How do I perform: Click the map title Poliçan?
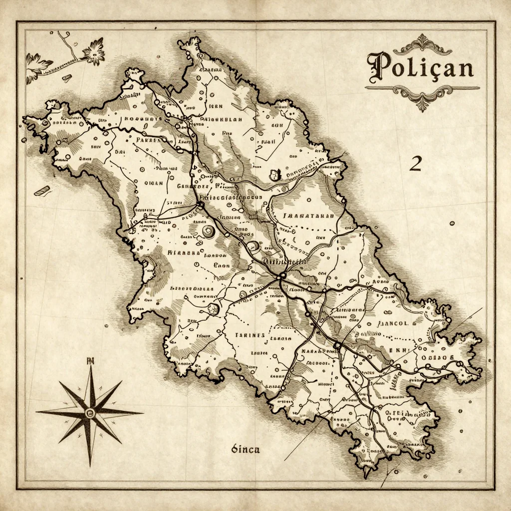[x=420, y=68]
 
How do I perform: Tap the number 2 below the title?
[x=415, y=164]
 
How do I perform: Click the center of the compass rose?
[x=90, y=412]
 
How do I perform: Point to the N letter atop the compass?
[x=90, y=361]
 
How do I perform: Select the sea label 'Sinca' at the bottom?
[x=246, y=449]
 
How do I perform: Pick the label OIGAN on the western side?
[x=154, y=183]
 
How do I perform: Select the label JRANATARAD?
[x=308, y=216]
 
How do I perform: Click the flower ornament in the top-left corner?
[x=93, y=51]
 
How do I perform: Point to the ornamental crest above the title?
[x=422, y=44]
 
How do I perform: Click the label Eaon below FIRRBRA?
[x=221, y=265]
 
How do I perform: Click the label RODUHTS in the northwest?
[x=143, y=119]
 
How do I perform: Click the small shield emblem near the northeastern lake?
[x=274, y=175]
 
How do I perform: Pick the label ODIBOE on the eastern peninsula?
[x=438, y=357]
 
